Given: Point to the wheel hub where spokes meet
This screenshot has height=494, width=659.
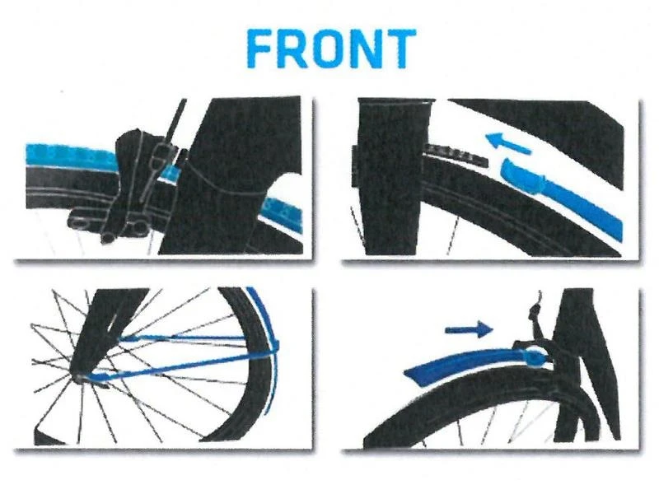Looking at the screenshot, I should pyautogui.click(x=82, y=376).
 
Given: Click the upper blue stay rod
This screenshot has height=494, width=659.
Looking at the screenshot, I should pyautogui.click(x=198, y=338).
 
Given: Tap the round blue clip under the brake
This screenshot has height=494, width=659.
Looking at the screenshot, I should pyautogui.click(x=535, y=356).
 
